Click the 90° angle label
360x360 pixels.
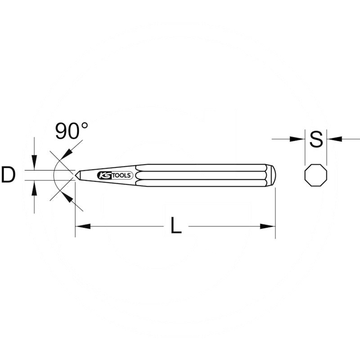(71, 130)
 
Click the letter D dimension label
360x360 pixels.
(8, 175)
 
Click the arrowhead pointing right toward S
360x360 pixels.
(299, 139)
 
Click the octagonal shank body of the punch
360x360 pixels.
(202, 175)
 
